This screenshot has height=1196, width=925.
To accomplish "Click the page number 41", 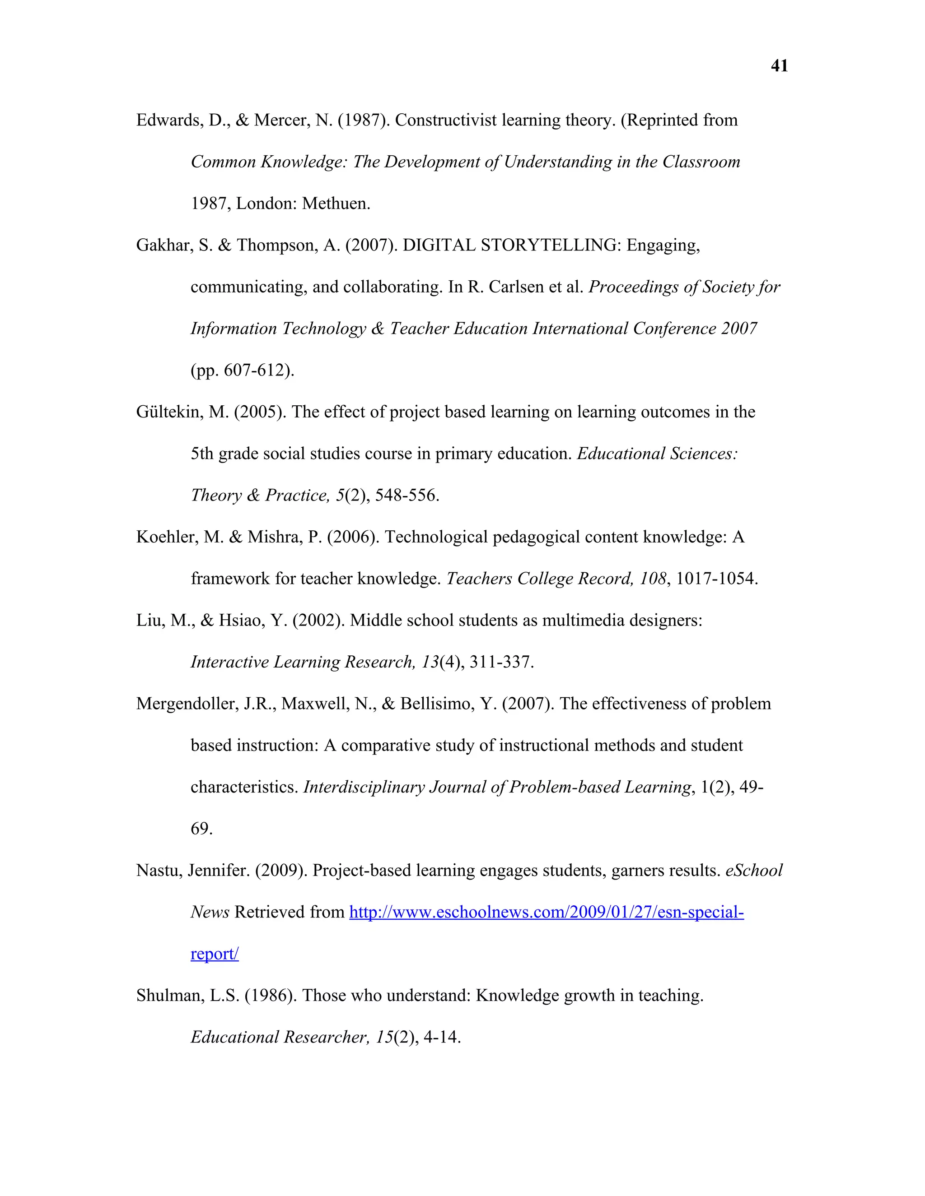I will (779, 66).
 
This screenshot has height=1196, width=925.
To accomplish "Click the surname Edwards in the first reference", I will (169, 121).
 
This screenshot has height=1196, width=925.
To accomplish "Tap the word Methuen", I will (336, 204).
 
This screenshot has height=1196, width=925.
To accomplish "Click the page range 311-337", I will (500, 663).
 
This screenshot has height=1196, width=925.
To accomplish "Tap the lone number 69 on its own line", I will (201, 829).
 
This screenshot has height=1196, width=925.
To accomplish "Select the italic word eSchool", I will (753, 871).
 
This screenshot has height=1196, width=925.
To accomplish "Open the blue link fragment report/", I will (214, 954).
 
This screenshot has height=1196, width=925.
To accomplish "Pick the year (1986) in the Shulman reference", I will (269, 996).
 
